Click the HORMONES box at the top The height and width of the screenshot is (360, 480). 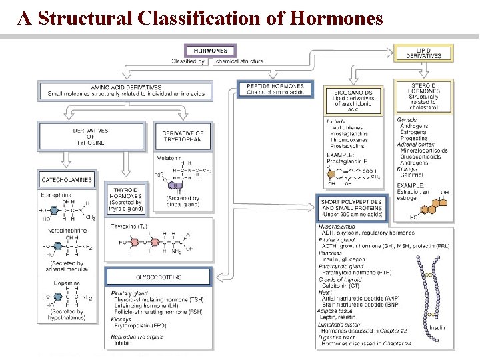point(211,51)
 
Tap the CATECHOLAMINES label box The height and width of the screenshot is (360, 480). point(67,180)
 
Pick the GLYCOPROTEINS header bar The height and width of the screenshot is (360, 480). point(159,277)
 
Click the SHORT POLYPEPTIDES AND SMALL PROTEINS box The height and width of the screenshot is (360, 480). point(351,208)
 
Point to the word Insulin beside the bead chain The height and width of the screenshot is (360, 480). point(437,327)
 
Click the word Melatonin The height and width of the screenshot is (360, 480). point(169,158)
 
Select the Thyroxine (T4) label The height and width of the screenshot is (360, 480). point(129,227)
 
